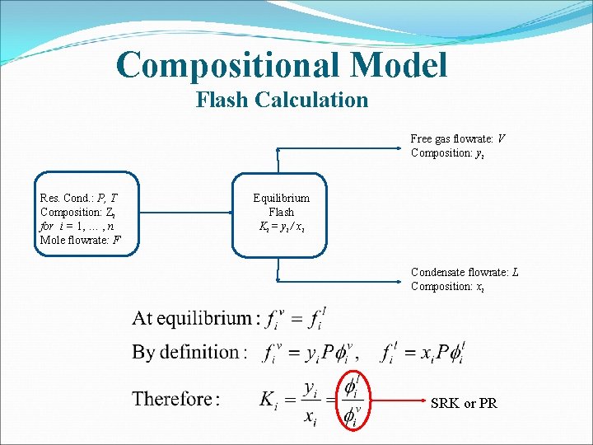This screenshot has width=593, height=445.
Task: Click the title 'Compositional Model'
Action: click(282, 64)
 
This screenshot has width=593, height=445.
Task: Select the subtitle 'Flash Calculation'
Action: click(282, 101)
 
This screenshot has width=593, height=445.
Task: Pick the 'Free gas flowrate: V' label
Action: click(458, 138)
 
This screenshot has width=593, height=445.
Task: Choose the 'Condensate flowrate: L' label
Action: click(465, 272)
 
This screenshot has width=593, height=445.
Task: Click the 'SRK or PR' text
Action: click(464, 404)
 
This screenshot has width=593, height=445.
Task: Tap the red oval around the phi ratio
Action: click(353, 400)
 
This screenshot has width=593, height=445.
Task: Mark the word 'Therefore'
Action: click(172, 400)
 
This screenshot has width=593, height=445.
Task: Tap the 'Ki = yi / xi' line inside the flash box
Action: click(281, 226)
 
